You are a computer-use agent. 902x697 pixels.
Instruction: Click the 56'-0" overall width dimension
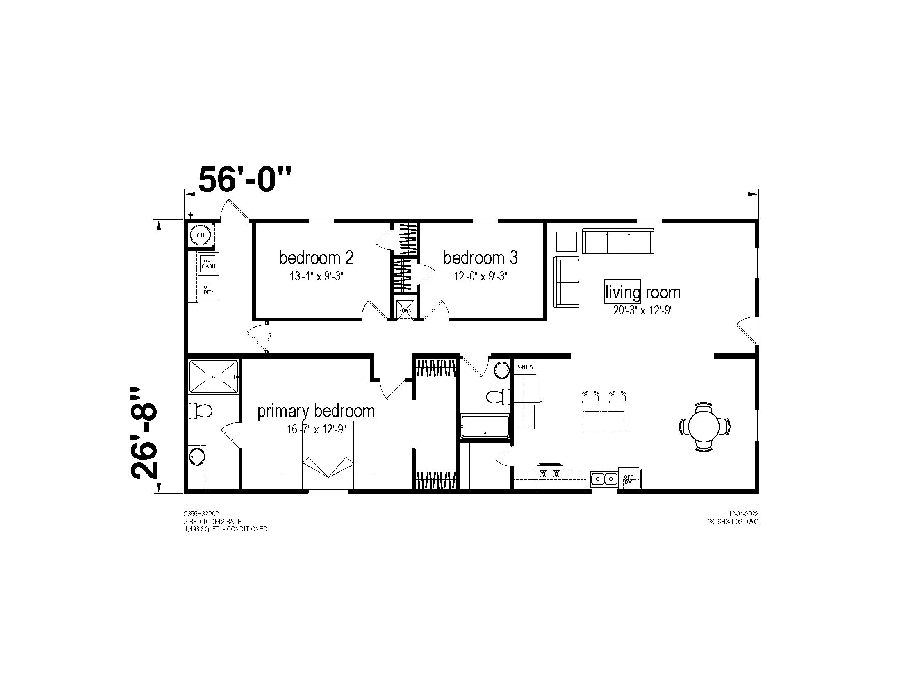[245, 180]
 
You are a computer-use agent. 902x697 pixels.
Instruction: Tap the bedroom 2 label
[317, 257]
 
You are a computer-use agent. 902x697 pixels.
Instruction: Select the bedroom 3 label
[481, 257]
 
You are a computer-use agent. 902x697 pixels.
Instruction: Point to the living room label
[642, 293]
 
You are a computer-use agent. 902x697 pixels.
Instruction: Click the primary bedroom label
[316, 411]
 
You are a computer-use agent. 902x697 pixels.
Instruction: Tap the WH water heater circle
[200, 235]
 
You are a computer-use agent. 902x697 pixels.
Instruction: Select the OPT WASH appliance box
[208, 264]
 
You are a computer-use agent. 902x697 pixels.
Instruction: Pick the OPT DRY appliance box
[209, 289]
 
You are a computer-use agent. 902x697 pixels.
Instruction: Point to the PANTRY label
[525, 367]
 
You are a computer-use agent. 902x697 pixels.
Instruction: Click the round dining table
[704, 426]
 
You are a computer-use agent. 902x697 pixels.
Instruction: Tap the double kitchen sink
[604, 479]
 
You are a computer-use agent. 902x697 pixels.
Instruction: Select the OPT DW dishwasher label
[629, 479]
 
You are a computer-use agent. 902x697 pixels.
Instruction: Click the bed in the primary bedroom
[328, 455]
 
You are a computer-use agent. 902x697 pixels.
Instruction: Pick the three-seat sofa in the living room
[618, 241]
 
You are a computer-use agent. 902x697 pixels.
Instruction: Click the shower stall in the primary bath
[214, 376]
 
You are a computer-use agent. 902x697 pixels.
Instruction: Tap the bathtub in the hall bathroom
[485, 426]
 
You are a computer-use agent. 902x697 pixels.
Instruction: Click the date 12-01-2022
[743, 514]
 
